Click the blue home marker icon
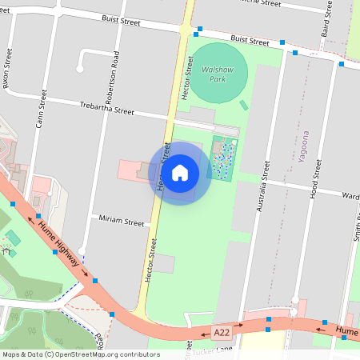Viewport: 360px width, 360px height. pyautogui.click(x=180, y=173)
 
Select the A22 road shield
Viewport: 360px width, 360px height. pyautogui.click(x=222, y=330)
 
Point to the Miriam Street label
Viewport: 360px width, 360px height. pyautogui.click(x=121, y=219)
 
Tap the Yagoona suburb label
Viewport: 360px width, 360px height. pyautogui.click(x=303, y=146)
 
